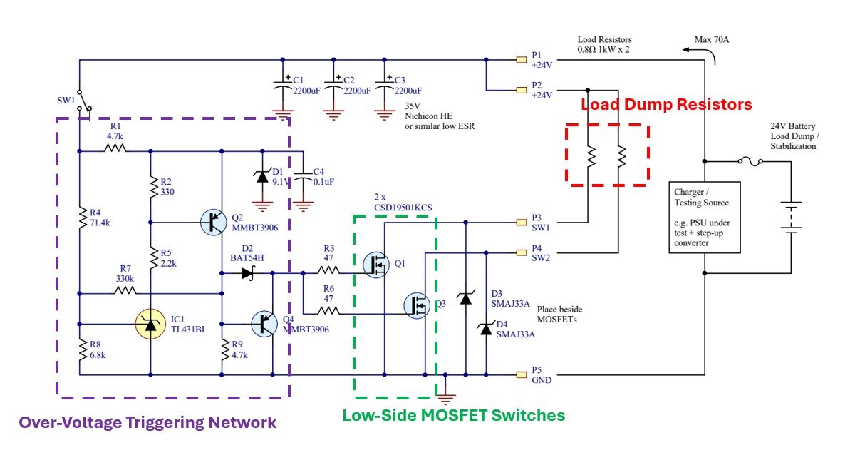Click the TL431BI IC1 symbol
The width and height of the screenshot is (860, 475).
(150, 325)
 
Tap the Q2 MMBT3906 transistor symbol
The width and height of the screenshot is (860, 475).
(214, 222)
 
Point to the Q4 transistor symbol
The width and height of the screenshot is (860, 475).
(265, 325)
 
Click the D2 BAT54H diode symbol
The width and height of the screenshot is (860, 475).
(247, 272)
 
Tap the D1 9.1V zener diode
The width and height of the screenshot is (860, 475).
(263, 175)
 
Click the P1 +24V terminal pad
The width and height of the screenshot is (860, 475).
(522, 59)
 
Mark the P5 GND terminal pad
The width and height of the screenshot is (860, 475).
(522, 374)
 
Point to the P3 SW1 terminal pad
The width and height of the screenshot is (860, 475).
(522, 222)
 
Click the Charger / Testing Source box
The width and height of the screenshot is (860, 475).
(705, 218)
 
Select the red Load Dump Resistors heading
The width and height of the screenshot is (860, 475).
(666, 105)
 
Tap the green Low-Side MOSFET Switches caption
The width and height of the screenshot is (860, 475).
(454, 415)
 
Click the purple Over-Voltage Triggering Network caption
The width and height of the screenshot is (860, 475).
(147, 422)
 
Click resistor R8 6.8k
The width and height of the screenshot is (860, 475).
(80, 348)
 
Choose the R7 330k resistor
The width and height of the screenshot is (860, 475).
(125, 292)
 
